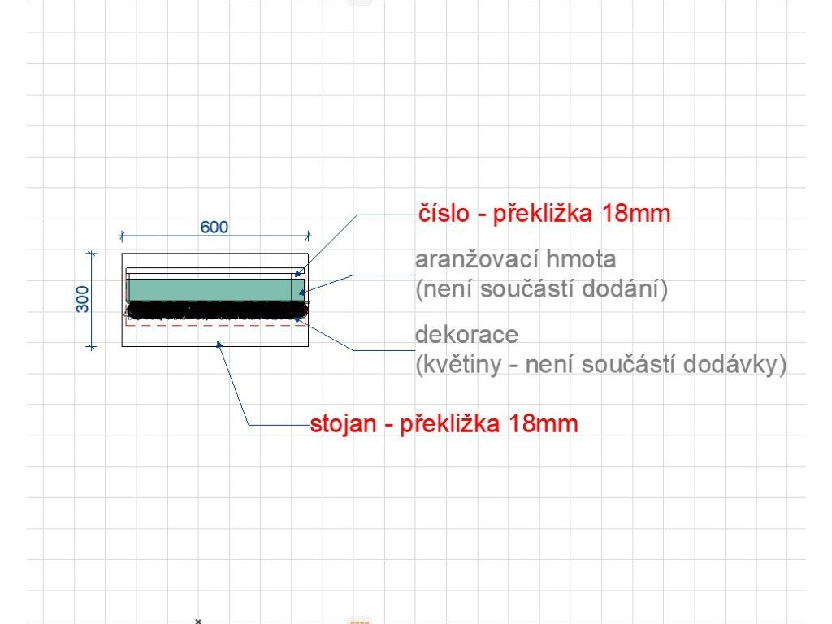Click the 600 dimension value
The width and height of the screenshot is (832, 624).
point(214,227)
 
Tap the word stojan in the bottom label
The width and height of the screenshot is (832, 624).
point(344,424)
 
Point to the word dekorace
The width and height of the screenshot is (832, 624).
point(466,335)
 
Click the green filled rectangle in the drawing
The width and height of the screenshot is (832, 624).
point(211,289)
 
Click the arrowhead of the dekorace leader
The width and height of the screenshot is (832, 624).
point(300,319)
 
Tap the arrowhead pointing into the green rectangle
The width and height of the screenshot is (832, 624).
point(301,291)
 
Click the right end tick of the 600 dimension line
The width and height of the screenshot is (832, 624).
point(308,236)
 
